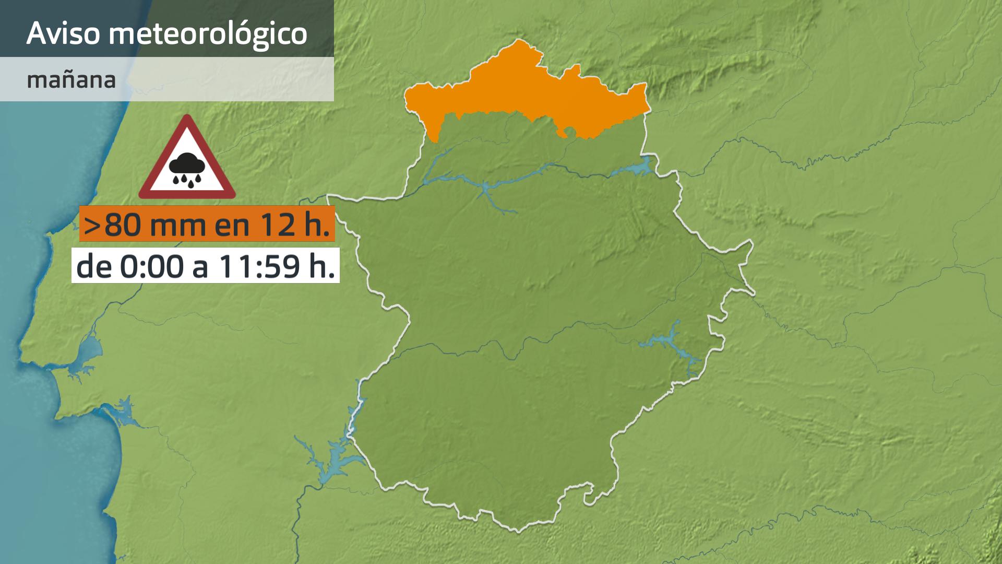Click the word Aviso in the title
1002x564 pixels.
coord(63,33)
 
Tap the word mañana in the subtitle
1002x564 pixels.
coord(71,80)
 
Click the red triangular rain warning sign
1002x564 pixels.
coord(187,159)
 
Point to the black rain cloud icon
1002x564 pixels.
coord(186,165)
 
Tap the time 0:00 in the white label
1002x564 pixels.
coord(152,267)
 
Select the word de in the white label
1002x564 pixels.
coord(94,267)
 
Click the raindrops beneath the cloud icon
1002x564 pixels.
coord(186,180)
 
